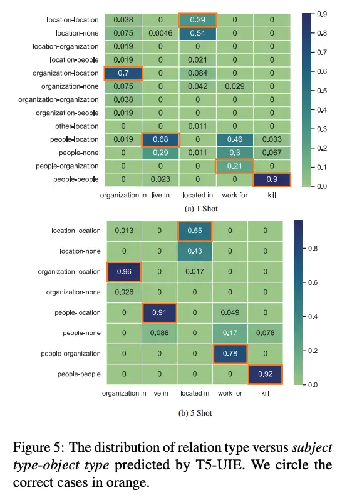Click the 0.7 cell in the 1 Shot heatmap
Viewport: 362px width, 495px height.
pyautogui.click(x=123, y=73)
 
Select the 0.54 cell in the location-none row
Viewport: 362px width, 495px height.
pyautogui.click(x=197, y=33)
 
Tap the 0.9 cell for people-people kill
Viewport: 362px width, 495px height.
pyautogui.click(x=272, y=179)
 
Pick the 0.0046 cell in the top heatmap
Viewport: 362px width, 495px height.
pyautogui.click(x=160, y=33)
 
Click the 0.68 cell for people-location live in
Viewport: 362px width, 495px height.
pyautogui.click(x=160, y=139)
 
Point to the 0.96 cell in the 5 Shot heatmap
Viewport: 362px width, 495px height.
pyautogui.click(x=124, y=272)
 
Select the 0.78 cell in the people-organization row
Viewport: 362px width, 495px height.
pyautogui.click(x=230, y=354)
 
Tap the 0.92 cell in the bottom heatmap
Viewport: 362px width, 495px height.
pyautogui.click(x=265, y=374)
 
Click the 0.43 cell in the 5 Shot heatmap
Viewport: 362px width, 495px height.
pyautogui.click(x=195, y=251)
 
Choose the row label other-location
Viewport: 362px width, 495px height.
pyautogui.click(x=77, y=126)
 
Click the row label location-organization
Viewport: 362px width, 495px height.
pyautogui.click(x=66, y=47)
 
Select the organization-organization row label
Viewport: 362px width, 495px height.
pyautogui.click(x=58, y=100)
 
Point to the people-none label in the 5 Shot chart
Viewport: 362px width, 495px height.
pyautogui.click(x=81, y=333)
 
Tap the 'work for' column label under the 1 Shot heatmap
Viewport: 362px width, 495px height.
pyautogui.click(x=235, y=196)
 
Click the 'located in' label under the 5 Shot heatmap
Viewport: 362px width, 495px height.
pyautogui.click(x=195, y=393)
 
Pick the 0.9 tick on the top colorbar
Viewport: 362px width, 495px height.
pyautogui.click(x=322, y=14)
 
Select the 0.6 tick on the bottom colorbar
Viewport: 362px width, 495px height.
pyautogui.click(x=313, y=282)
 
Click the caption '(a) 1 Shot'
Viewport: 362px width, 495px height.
pyautogui.click(x=201, y=209)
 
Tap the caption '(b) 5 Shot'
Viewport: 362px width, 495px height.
pyautogui.click(x=195, y=413)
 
